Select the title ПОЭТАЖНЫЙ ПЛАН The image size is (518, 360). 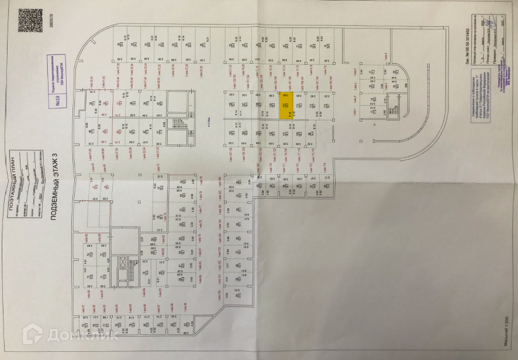[x=14, y=184]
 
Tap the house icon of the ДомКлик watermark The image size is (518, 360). [x=32, y=334]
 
